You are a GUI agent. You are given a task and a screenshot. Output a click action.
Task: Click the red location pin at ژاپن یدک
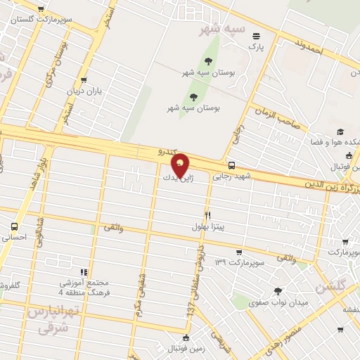(x=180, y=165)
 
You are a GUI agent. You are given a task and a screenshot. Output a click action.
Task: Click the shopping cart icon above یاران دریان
(x=85, y=81)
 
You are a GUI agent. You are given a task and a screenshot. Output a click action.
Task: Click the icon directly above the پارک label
(x=255, y=36)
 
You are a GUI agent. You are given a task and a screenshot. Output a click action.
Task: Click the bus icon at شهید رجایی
(x=233, y=166)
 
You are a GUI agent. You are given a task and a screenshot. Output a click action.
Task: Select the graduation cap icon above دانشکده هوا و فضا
(x=340, y=131)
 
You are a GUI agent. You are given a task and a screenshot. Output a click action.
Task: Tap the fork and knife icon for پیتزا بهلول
(x=207, y=215)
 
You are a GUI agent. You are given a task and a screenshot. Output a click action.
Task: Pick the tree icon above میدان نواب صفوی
(x=278, y=290)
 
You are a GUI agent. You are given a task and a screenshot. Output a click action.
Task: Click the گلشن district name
(x=331, y=287)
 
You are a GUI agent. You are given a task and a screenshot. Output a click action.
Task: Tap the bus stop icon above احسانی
(x=15, y=227)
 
